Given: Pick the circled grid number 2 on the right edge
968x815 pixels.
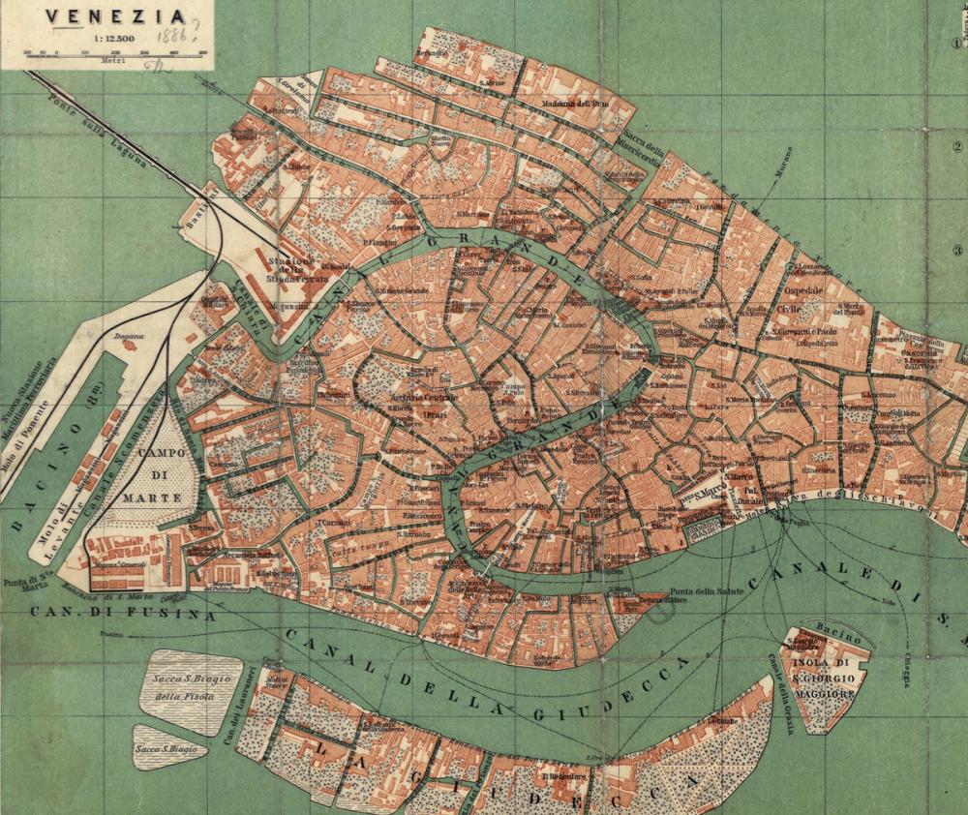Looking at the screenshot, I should tap(957, 148).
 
